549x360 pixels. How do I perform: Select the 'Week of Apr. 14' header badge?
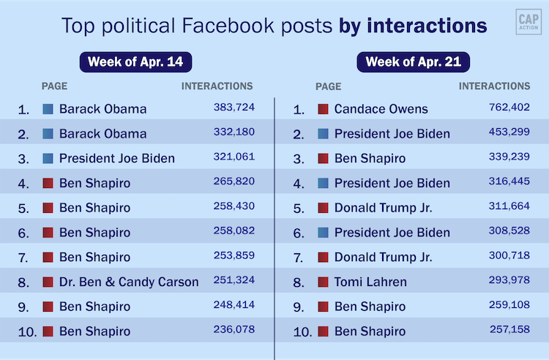pos(135,61)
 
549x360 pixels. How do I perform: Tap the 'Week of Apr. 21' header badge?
pos(413,61)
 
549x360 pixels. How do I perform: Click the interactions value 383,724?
pos(234,108)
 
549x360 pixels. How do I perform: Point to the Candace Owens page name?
pos(381,109)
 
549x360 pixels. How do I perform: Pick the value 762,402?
pos(509,108)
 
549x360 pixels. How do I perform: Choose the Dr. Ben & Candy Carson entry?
pos(129,282)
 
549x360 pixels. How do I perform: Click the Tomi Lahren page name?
pos(370,282)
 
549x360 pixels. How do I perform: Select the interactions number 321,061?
pos(234,157)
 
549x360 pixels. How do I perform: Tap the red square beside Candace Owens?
pos(323,109)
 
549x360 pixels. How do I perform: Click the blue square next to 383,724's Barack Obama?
pos(48,109)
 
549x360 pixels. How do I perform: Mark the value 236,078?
pos(234,329)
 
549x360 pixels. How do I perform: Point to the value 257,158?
pos(509,329)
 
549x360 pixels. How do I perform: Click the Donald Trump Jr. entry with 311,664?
pos(383,208)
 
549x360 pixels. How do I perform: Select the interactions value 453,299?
pos(509,132)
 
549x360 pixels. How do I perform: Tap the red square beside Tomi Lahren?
pos(323,282)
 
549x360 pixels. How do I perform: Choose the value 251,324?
pos(234,280)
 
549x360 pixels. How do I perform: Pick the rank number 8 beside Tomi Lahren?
pos(298,282)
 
